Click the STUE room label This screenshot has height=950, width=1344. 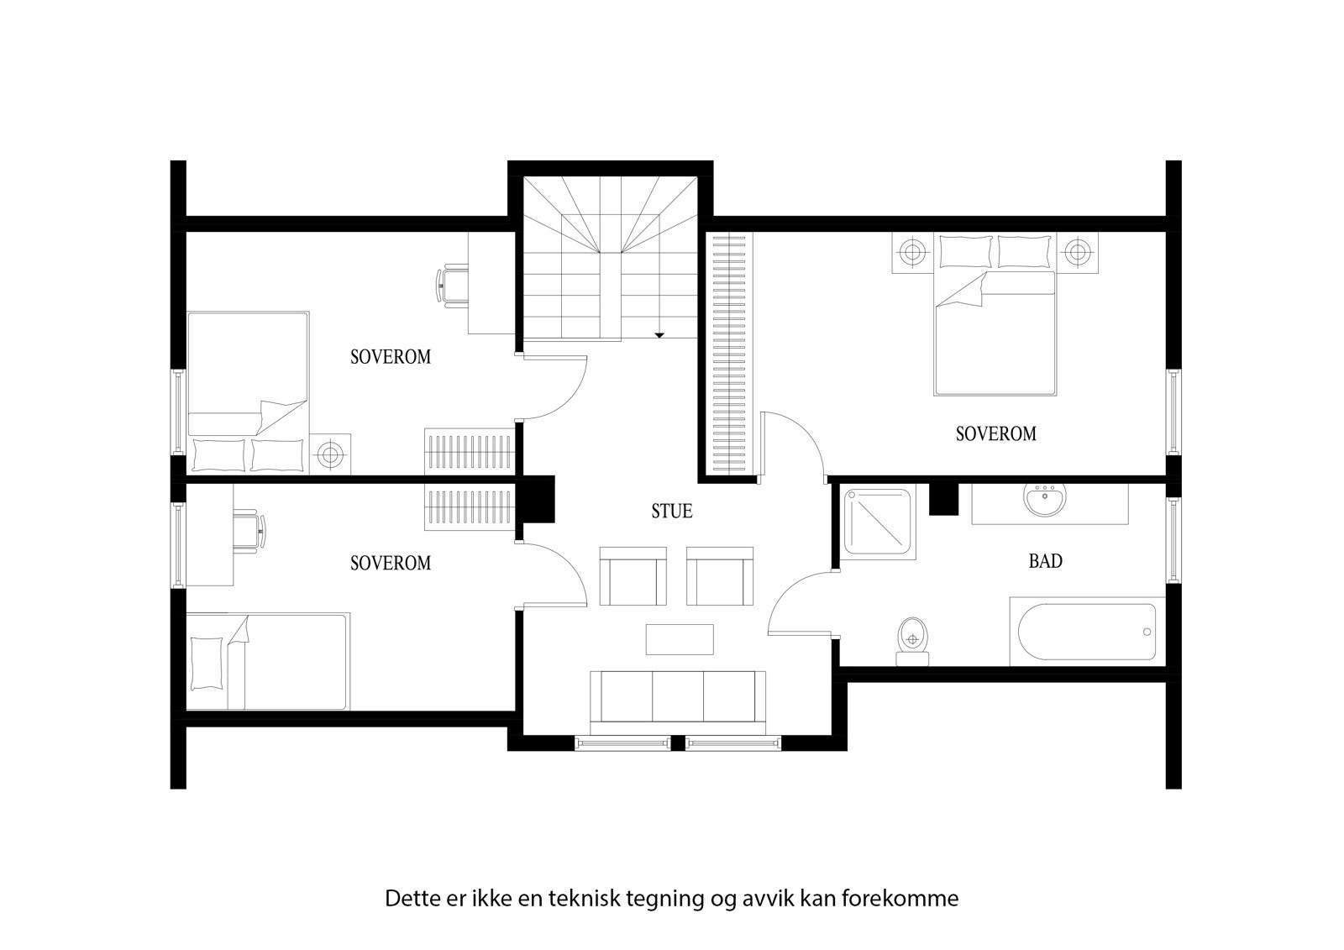point(672,511)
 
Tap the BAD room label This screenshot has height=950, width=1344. point(1045,561)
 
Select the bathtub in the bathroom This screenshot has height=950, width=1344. point(1086,632)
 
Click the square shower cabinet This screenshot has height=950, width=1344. point(879,523)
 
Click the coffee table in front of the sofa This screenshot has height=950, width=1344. point(680,638)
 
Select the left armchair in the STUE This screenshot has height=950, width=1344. point(633,575)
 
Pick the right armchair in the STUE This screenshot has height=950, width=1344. point(721,575)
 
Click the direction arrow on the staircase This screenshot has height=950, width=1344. point(659,335)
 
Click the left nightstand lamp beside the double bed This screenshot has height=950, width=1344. point(911,251)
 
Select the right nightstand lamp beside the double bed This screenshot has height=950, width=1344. point(1077,251)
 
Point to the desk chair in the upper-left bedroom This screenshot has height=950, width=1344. point(453,284)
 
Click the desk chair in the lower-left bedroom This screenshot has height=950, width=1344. point(249,531)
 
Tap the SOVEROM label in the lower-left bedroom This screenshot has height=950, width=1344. point(390,563)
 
